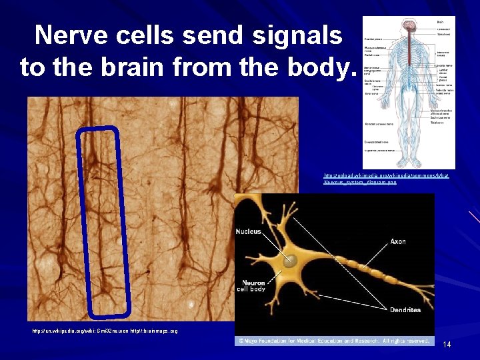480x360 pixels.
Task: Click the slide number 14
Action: pos(447,345)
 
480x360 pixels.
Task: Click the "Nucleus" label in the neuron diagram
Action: pos(248,232)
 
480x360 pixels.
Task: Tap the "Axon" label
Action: pos(398,241)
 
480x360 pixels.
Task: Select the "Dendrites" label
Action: pos(405,310)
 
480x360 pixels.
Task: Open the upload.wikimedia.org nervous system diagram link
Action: pos(385,178)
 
